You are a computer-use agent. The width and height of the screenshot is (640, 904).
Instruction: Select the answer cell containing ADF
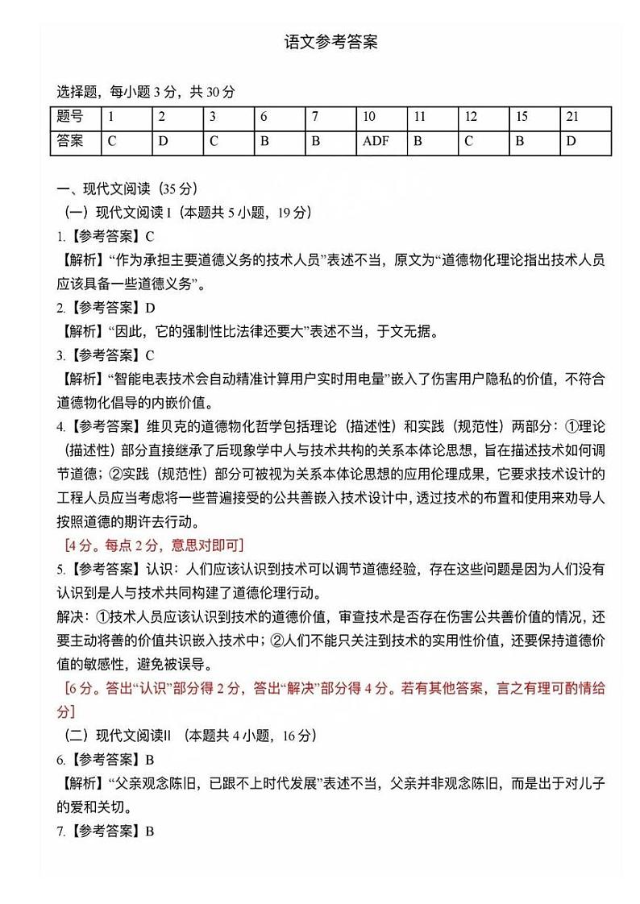tap(376, 141)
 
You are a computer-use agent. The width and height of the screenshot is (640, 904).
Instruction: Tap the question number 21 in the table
tap(572, 117)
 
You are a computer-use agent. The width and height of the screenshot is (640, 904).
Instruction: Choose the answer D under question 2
tap(163, 141)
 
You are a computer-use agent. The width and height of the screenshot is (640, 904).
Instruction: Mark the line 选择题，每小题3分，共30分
tap(146, 92)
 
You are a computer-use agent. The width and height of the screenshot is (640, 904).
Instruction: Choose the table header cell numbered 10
tap(369, 117)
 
